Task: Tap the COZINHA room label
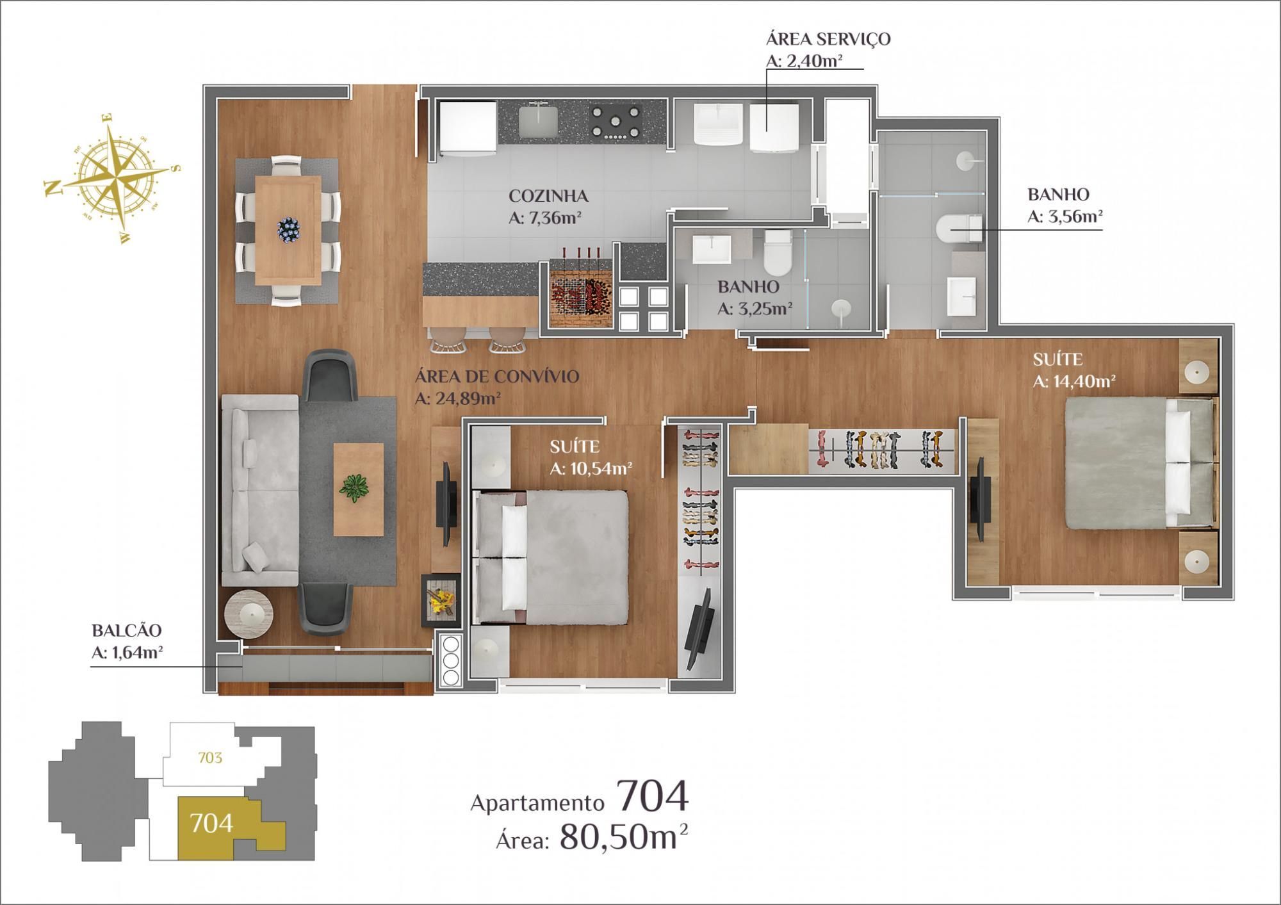[x=548, y=195]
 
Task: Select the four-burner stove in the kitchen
[x=616, y=121]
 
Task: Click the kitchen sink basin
[x=537, y=122]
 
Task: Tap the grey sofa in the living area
[x=259, y=490]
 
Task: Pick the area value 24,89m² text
[x=457, y=398]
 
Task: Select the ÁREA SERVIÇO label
[x=828, y=38]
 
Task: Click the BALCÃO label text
[x=126, y=630]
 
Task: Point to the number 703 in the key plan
[x=210, y=758]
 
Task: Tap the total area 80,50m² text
[x=624, y=836]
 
